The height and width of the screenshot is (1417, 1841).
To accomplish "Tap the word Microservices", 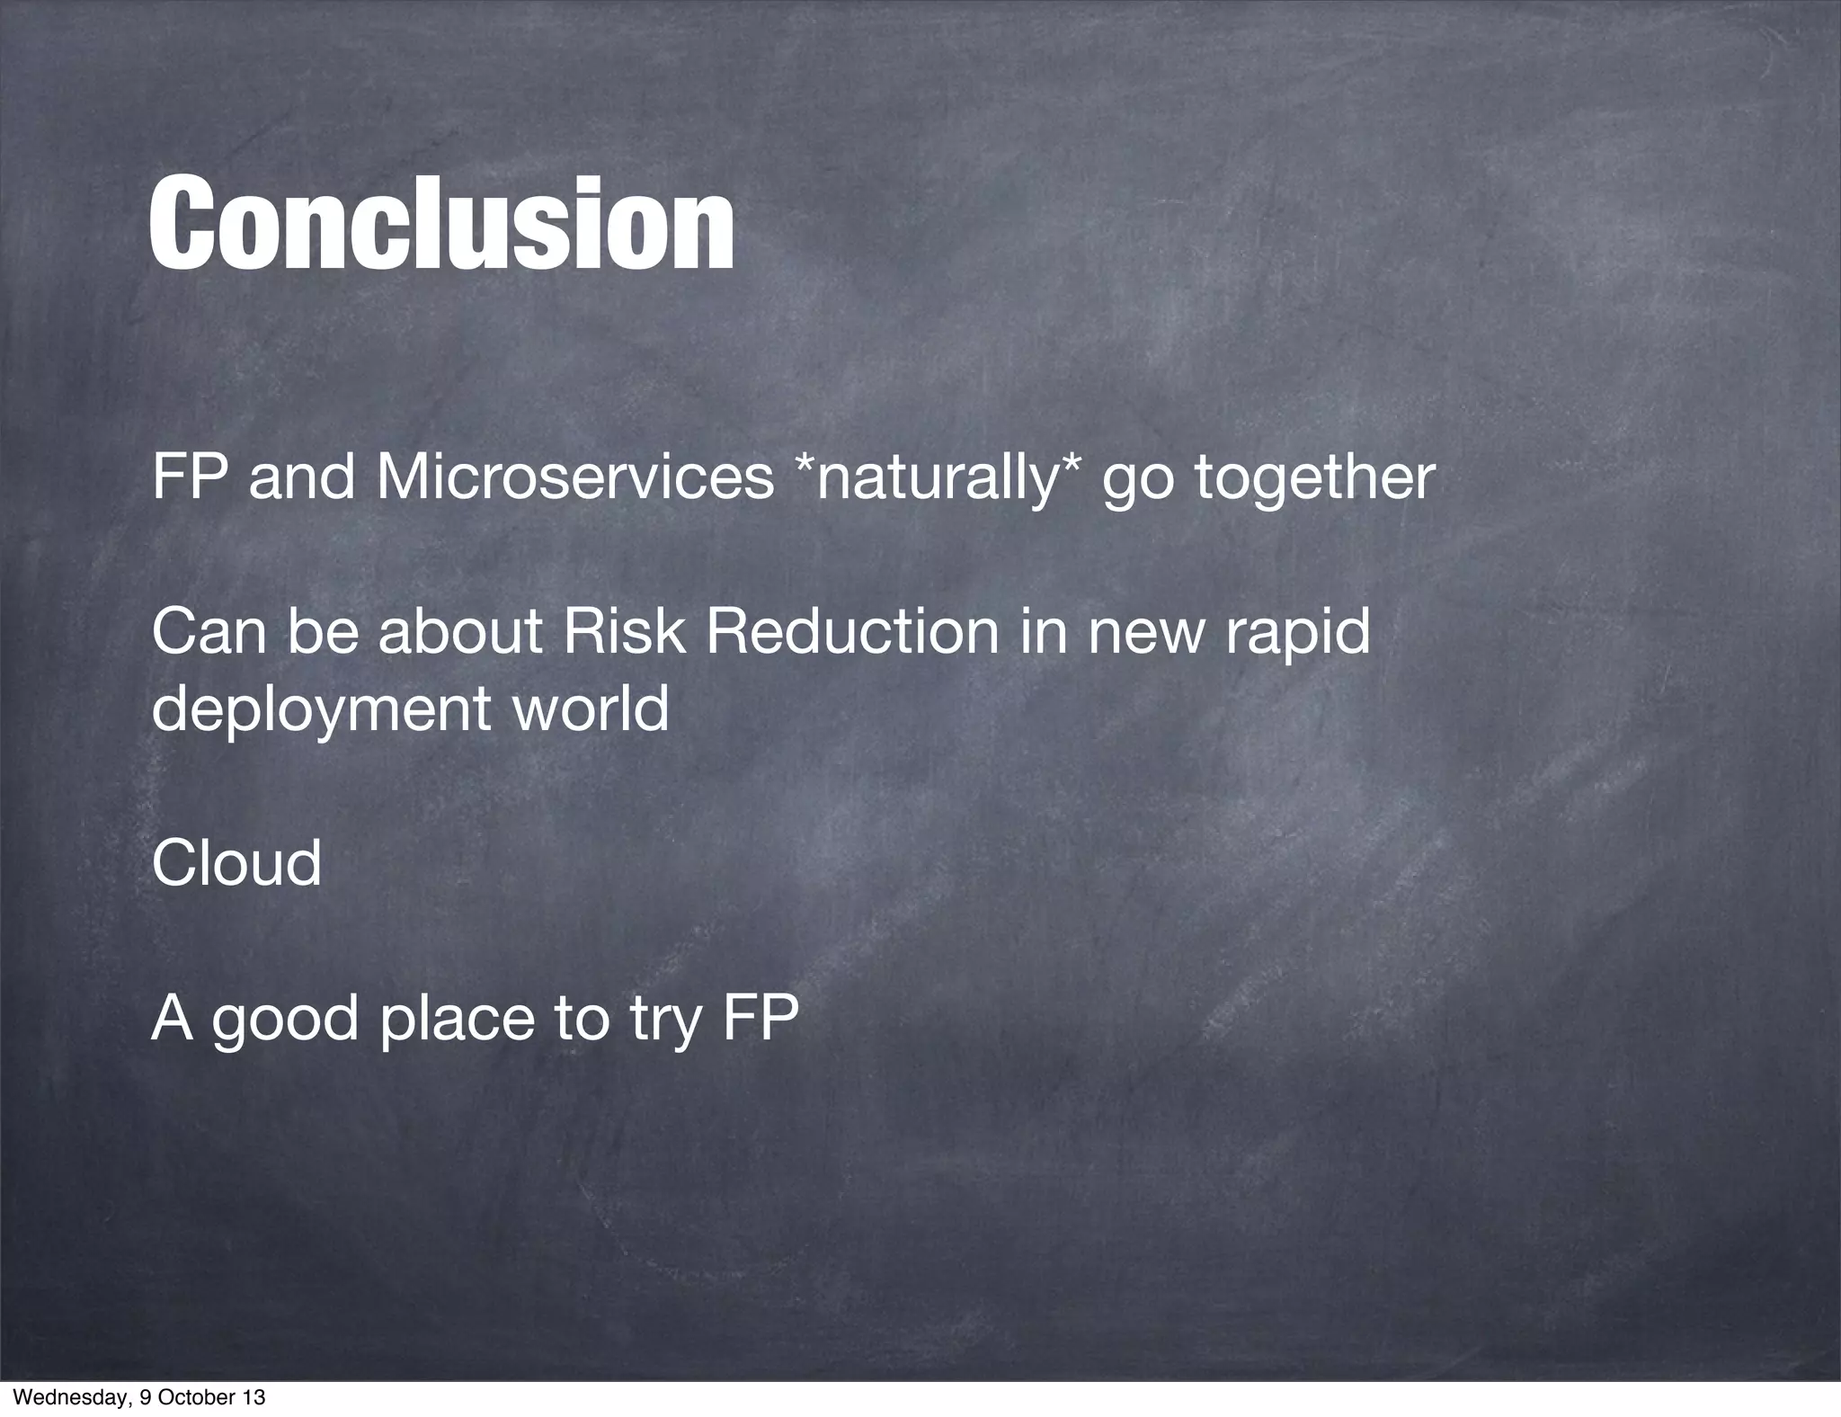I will coord(574,477).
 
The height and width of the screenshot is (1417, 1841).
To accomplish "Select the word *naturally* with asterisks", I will coord(938,477).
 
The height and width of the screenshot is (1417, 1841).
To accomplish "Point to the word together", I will coord(1314,477).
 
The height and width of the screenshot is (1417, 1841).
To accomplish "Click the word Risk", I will coord(624,631).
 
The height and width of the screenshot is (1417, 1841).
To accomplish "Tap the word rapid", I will coord(1294,631).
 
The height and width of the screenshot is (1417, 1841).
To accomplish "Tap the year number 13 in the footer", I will coord(253,1398).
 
